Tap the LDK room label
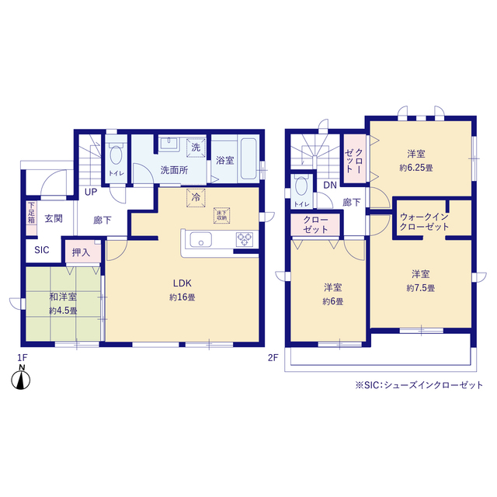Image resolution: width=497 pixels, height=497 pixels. tap(182, 283)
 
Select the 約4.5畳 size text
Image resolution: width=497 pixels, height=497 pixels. tap(63, 311)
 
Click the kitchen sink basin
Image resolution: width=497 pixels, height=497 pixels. tap(201, 240)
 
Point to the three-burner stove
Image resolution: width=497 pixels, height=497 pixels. tap(245, 240)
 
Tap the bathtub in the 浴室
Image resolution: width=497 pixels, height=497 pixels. tap(248, 158)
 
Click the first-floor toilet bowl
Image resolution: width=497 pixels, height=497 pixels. tap(116, 155)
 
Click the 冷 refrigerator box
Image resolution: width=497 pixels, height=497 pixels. tap(196, 197)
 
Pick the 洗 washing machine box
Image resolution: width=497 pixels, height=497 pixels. tap(196, 148)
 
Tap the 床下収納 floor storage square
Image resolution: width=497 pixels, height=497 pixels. tap(221, 216)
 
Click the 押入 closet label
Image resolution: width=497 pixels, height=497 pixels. tap(81, 252)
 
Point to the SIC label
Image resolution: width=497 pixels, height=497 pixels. tap(42, 250)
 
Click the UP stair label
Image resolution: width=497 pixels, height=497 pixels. tap(91, 192)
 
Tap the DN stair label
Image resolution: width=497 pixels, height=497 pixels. tap(330, 185)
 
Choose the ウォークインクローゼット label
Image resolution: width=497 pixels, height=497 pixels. tap(425, 221)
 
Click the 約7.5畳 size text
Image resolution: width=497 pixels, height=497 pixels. tap(421, 288)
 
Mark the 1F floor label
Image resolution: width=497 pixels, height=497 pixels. tap(23, 358)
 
